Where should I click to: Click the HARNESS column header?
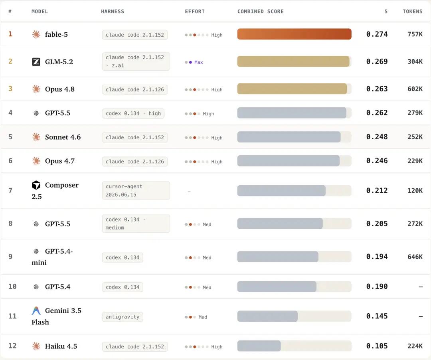tap(113, 12)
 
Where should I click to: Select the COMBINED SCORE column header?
tap(260, 12)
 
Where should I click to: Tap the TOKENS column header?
tap(412, 12)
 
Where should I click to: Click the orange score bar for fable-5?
tap(294, 34)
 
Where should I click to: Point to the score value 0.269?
tap(377, 61)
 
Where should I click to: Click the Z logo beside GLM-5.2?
tap(36, 62)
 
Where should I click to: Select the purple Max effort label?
tap(198, 62)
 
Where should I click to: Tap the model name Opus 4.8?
tap(59, 89)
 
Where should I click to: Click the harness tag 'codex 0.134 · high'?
tap(133, 113)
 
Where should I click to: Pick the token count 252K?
tap(415, 137)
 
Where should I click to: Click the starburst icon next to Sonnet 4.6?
tap(36, 137)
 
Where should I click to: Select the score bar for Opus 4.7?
tap(289, 161)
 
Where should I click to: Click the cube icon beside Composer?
tap(36, 185)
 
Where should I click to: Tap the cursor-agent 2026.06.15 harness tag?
tap(136, 190)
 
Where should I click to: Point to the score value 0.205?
tap(377, 224)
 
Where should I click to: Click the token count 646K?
tap(415, 257)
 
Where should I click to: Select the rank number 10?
tap(12, 287)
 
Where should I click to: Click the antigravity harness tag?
tap(123, 317)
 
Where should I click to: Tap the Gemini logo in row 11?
tap(36, 311)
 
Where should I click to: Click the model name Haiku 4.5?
tap(61, 346)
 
